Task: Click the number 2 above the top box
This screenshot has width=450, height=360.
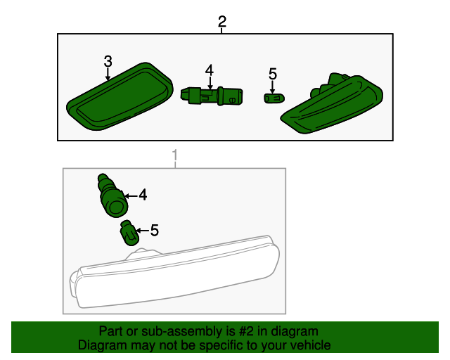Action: [222, 22]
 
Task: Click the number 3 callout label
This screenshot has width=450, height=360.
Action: [108, 61]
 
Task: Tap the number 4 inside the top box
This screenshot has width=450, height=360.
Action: [210, 70]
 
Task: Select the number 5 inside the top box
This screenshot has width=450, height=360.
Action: [273, 74]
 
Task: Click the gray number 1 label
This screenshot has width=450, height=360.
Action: [175, 155]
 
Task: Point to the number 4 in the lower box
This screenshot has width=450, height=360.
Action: [143, 195]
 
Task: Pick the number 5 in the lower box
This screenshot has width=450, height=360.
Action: [155, 231]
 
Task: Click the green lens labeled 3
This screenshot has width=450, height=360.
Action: [120, 96]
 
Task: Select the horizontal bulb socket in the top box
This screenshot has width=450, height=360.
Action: [212, 96]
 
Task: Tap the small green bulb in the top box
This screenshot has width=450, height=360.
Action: [274, 98]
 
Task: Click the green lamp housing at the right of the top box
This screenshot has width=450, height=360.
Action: [332, 104]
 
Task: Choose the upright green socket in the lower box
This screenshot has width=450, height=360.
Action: [112, 195]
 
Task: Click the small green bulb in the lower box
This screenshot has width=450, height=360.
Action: [129, 233]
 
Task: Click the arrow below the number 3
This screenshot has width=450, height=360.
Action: [108, 74]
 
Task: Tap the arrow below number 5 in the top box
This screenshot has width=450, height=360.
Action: [272, 86]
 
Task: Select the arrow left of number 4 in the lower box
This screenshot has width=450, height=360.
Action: [131, 196]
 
